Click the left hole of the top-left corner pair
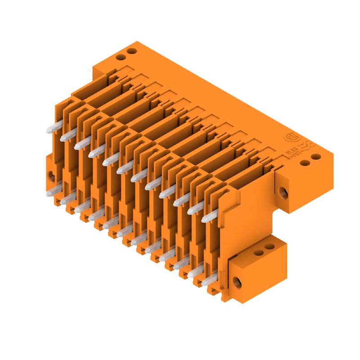121,58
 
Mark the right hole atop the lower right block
269,247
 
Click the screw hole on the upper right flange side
283,193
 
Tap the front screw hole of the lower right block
237,282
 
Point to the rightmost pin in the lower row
207,281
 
